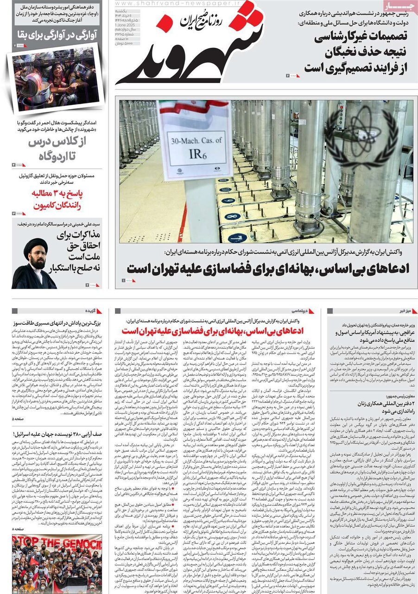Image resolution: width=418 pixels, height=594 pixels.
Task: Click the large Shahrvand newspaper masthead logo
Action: click(195, 51)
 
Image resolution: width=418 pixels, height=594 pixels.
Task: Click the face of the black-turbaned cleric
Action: click(37, 260)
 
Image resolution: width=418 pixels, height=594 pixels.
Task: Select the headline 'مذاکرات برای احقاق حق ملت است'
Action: click(76, 250)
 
